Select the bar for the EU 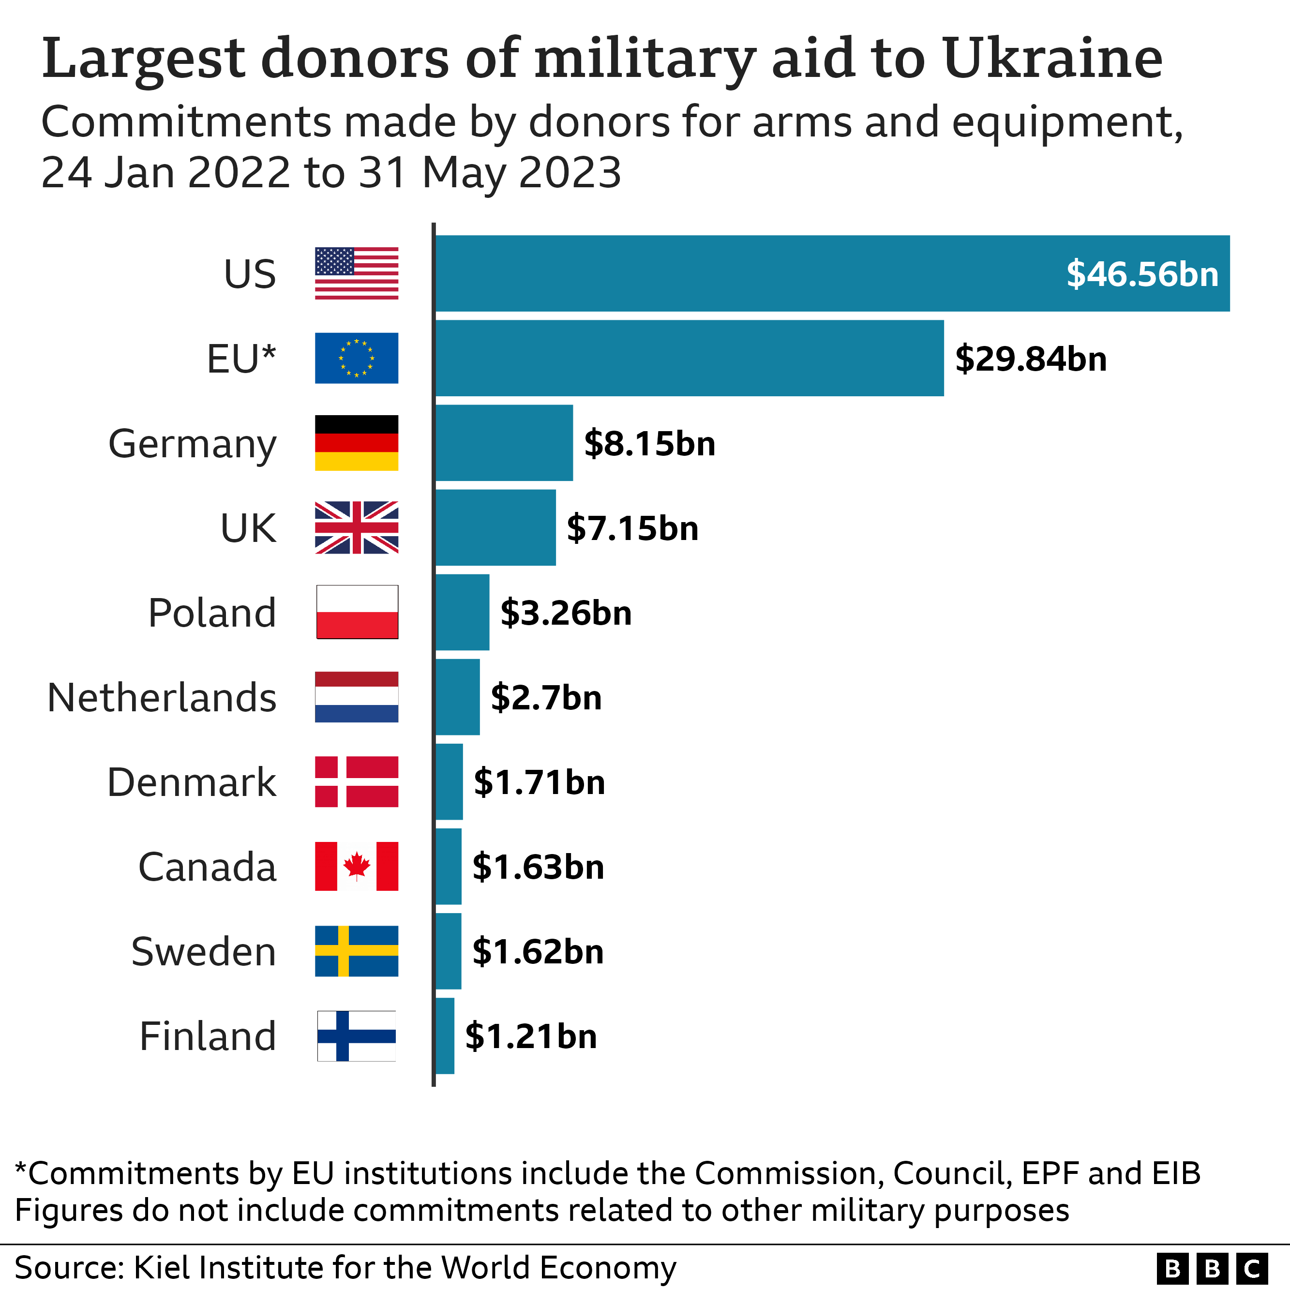pyautogui.click(x=689, y=358)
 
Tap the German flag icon pyautogui.click(x=357, y=443)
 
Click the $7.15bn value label pyautogui.click(x=632, y=528)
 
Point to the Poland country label pyautogui.click(x=211, y=613)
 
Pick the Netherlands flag pyautogui.click(x=357, y=697)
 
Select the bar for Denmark pyautogui.click(x=449, y=782)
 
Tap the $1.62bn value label pyautogui.click(x=538, y=951)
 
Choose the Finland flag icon pyautogui.click(x=357, y=1035)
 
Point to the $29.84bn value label pyautogui.click(x=1030, y=359)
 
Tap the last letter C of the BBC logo pyautogui.click(x=1252, y=1268)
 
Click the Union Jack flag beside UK pyautogui.click(x=357, y=527)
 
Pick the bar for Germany pyautogui.click(x=504, y=443)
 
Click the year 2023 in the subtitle pyautogui.click(x=570, y=173)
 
